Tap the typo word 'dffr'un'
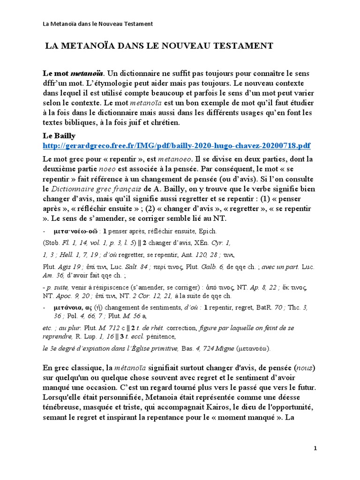point(57,84)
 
